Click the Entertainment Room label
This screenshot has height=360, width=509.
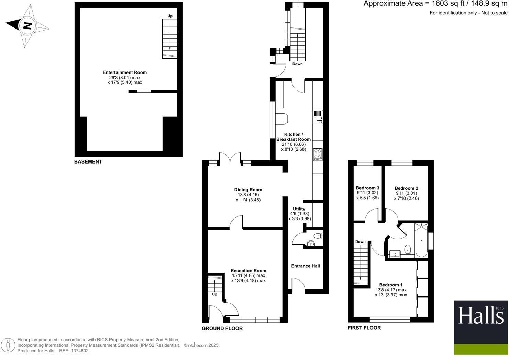coord(124,72)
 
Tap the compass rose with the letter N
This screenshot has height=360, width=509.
coord(27,26)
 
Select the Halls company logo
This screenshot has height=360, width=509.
coord(481,327)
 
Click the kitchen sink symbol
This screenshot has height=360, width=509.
coord(318,117)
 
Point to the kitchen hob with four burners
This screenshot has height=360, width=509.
coord(318,154)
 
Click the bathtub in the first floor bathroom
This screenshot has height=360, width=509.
coord(421,240)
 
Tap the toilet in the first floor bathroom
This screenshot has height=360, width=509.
coord(408,249)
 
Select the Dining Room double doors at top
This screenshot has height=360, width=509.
coord(230,158)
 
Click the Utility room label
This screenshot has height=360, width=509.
coord(299,209)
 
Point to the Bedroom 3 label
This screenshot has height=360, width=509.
coord(367,188)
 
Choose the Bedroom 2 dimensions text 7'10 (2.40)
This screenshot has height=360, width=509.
coord(406,198)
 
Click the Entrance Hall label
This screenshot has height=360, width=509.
coord(306,266)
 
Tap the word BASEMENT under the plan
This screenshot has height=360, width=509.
coord(88,161)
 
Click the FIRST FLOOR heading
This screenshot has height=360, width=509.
coord(364,328)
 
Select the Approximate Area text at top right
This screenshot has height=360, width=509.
coord(435,4)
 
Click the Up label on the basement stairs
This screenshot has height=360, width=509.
coord(170,16)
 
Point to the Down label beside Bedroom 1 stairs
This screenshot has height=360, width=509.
coord(360,241)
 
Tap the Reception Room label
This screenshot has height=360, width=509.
coord(248,271)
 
